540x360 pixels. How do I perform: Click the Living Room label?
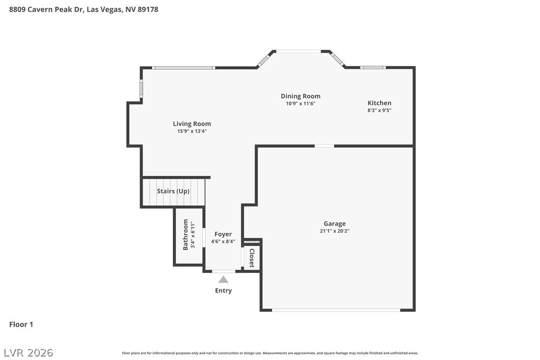click(192, 124)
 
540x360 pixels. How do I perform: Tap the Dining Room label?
click(301, 96)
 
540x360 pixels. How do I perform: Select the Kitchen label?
click(379, 102)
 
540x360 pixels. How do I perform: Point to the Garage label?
click(335, 224)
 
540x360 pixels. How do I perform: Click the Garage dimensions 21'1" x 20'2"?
click(335, 231)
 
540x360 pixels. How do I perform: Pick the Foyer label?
click(223, 234)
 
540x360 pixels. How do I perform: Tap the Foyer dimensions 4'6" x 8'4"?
click(223, 242)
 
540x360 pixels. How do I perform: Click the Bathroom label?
click(185, 235)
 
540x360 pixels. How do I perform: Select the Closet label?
click(252, 258)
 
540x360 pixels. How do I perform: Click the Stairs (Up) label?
click(173, 191)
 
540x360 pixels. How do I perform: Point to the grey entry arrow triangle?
click(223, 279)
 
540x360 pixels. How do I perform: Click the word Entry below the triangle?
click(223, 290)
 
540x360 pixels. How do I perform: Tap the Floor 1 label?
click(21, 324)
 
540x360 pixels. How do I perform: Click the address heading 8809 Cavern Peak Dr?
click(46, 9)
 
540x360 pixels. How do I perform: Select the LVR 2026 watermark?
click(28, 353)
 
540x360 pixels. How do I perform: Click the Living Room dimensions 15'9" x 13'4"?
click(192, 131)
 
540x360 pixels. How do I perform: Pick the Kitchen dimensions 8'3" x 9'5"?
click(379, 110)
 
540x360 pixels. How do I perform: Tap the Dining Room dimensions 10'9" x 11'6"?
click(301, 103)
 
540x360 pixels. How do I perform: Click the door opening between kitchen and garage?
click(324, 146)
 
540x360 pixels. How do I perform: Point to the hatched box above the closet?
click(252, 242)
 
